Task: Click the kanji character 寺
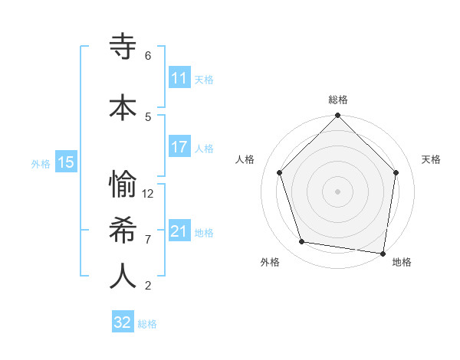[x=123, y=47]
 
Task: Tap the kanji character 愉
[x=123, y=185]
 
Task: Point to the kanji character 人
[x=123, y=277]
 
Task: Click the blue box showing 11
[x=179, y=78]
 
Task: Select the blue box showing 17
[x=179, y=147]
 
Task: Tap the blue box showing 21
[x=179, y=231]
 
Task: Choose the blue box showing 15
[x=66, y=162]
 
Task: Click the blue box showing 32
[x=123, y=322]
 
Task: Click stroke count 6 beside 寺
[x=148, y=56]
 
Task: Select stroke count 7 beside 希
[x=148, y=240]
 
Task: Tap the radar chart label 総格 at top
[x=338, y=100]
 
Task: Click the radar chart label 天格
[x=431, y=159]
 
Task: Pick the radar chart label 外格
[x=270, y=262]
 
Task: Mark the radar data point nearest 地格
[x=383, y=253]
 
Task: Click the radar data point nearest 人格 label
[x=280, y=172]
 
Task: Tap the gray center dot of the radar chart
[x=338, y=191]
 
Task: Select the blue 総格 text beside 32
[x=147, y=324]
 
